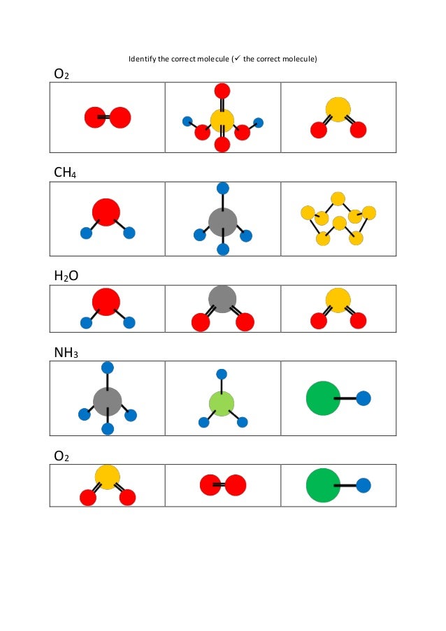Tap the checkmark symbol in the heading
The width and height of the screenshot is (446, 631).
[237, 59]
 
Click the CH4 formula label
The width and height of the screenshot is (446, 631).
[66, 171]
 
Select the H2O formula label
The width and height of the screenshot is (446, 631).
[66, 276]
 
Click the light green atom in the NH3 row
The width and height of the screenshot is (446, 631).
[222, 404]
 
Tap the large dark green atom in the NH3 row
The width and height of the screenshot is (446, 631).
[323, 398]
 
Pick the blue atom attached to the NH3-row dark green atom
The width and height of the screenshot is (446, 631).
[364, 398]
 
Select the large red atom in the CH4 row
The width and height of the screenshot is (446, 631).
[106, 212]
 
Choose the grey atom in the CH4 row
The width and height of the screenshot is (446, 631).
[223, 222]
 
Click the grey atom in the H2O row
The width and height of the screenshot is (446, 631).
[222, 299]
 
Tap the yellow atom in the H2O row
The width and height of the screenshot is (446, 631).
[338, 300]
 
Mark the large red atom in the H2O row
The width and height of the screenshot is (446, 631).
[106, 301]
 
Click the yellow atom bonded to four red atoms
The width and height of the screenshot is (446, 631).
[222, 120]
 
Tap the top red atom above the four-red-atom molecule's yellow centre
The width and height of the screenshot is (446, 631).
[222, 90]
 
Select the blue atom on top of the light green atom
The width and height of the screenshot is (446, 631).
[222, 374]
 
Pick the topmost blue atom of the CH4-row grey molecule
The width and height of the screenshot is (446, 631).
[223, 187]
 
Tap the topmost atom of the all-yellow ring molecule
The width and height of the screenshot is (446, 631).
[338, 199]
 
